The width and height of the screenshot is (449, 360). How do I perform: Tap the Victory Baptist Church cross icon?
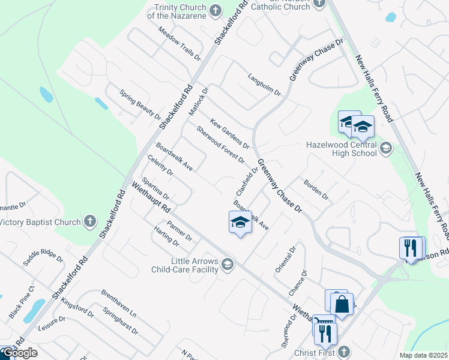[90, 221]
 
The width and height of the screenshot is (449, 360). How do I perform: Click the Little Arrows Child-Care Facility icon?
[228, 264]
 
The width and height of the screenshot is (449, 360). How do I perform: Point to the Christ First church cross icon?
[343, 351]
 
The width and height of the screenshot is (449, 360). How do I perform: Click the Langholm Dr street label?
[265, 85]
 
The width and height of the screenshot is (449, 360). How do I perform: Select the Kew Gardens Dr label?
[230, 133]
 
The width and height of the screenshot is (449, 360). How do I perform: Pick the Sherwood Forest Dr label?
[220, 145]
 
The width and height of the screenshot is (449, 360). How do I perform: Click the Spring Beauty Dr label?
[140, 104]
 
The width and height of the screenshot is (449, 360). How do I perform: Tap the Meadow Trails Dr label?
[179, 43]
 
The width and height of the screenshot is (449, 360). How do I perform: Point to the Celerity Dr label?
[160, 165]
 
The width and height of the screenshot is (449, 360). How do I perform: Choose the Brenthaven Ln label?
[119, 305]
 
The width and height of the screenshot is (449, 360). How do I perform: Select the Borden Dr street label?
[316, 190]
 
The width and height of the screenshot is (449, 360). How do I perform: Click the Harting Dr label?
[166, 238]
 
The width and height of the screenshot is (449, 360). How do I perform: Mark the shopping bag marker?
[342, 305]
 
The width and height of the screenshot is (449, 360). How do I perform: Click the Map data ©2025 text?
[423, 355]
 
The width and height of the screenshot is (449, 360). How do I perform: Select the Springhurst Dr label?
[120, 322]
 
